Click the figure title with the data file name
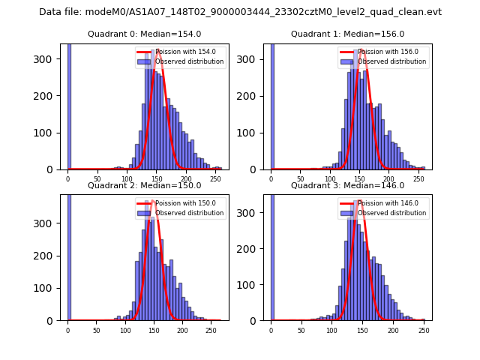point(240,12)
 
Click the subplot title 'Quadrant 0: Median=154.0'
point(144,34)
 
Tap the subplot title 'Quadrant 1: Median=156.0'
point(347,34)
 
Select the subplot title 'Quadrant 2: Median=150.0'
point(144,185)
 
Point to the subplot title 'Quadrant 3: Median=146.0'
point(347,185)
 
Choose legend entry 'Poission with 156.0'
point(383,52)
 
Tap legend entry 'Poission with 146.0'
point(383,203)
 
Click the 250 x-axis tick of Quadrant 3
point(423,329)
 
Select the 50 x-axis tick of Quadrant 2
point(97,329)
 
